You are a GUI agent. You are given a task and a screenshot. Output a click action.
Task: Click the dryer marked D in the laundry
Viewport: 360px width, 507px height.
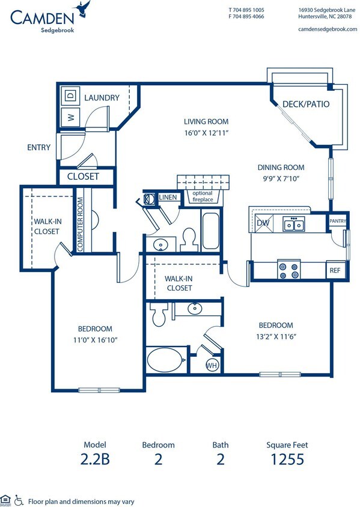70,96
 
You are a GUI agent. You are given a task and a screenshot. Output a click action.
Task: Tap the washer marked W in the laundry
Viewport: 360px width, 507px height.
70,117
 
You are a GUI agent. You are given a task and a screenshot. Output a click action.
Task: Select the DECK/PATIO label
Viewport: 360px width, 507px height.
306,104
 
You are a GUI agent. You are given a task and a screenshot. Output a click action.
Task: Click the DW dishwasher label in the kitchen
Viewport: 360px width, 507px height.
263,223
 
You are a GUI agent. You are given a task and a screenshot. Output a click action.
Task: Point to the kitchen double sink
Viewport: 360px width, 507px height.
294,225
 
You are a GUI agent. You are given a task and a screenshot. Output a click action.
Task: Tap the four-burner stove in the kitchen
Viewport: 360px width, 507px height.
288,269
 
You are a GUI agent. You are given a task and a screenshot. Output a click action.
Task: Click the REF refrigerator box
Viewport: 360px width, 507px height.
335,270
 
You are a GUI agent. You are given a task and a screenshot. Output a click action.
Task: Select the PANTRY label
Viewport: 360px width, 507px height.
337,221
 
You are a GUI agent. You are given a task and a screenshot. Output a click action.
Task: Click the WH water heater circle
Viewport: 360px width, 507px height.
212,365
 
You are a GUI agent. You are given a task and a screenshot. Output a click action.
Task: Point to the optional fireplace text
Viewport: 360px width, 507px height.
203,196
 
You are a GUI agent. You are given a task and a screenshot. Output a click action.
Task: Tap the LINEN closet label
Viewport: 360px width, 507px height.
168,198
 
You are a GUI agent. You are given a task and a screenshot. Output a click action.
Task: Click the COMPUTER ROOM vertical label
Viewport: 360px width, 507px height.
79,224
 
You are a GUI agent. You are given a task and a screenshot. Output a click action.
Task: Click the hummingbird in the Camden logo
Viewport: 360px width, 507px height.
82,8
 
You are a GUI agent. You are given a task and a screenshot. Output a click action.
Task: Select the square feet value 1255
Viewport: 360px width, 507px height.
287,461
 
